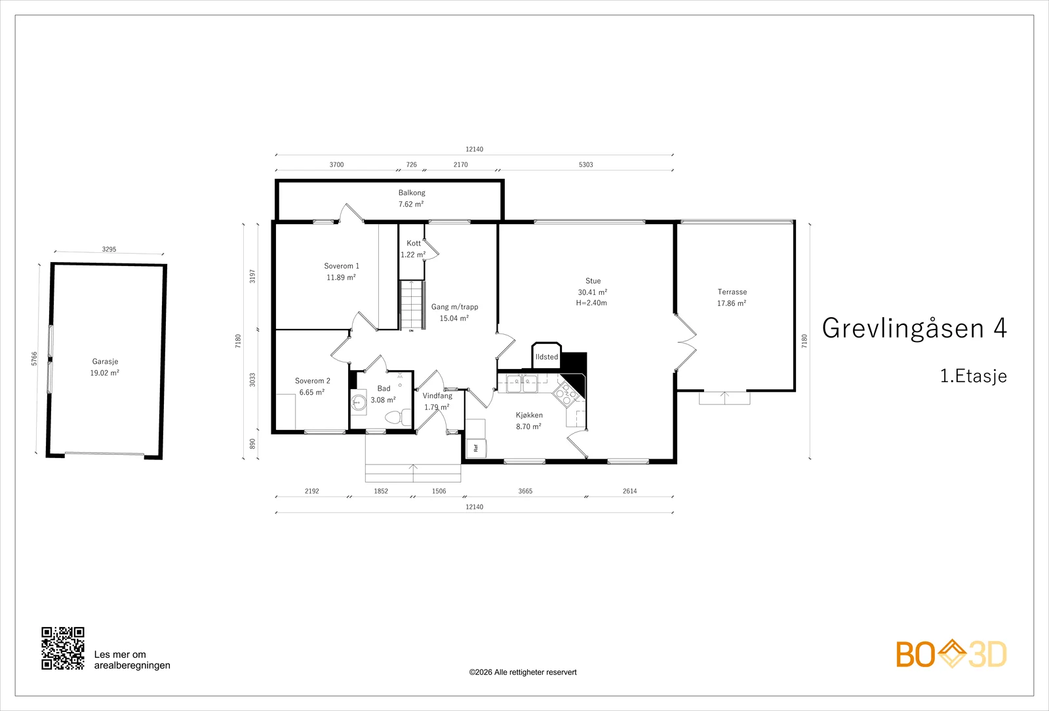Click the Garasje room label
coord(105,361)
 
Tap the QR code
coord(63,648)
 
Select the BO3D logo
coord(951,653)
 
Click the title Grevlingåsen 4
coord(914,328)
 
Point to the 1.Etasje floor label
coord(973,376)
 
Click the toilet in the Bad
coord(398,417)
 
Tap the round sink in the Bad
coord(359,402)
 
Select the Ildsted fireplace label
coord(547,356)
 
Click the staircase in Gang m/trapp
coord(412,305)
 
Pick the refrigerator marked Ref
coord(476,448)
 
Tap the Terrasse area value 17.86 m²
coord(732,303)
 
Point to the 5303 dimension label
coord(586,164)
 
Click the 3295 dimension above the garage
coord(109,250)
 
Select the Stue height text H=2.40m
coord(591,303)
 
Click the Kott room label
coord(414,243)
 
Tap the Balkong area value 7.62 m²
coord(411,204)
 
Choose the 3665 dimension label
coord(525,491)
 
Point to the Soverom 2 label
coord(312,381)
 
